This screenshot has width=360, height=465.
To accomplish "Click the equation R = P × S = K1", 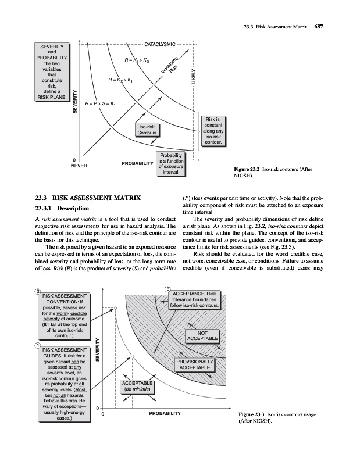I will pos(101,104).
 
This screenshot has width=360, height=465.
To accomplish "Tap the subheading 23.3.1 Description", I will pos(61,208).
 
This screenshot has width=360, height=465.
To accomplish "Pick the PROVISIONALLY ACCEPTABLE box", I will pos(195,365).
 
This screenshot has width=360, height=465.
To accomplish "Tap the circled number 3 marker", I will pos(167,289).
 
